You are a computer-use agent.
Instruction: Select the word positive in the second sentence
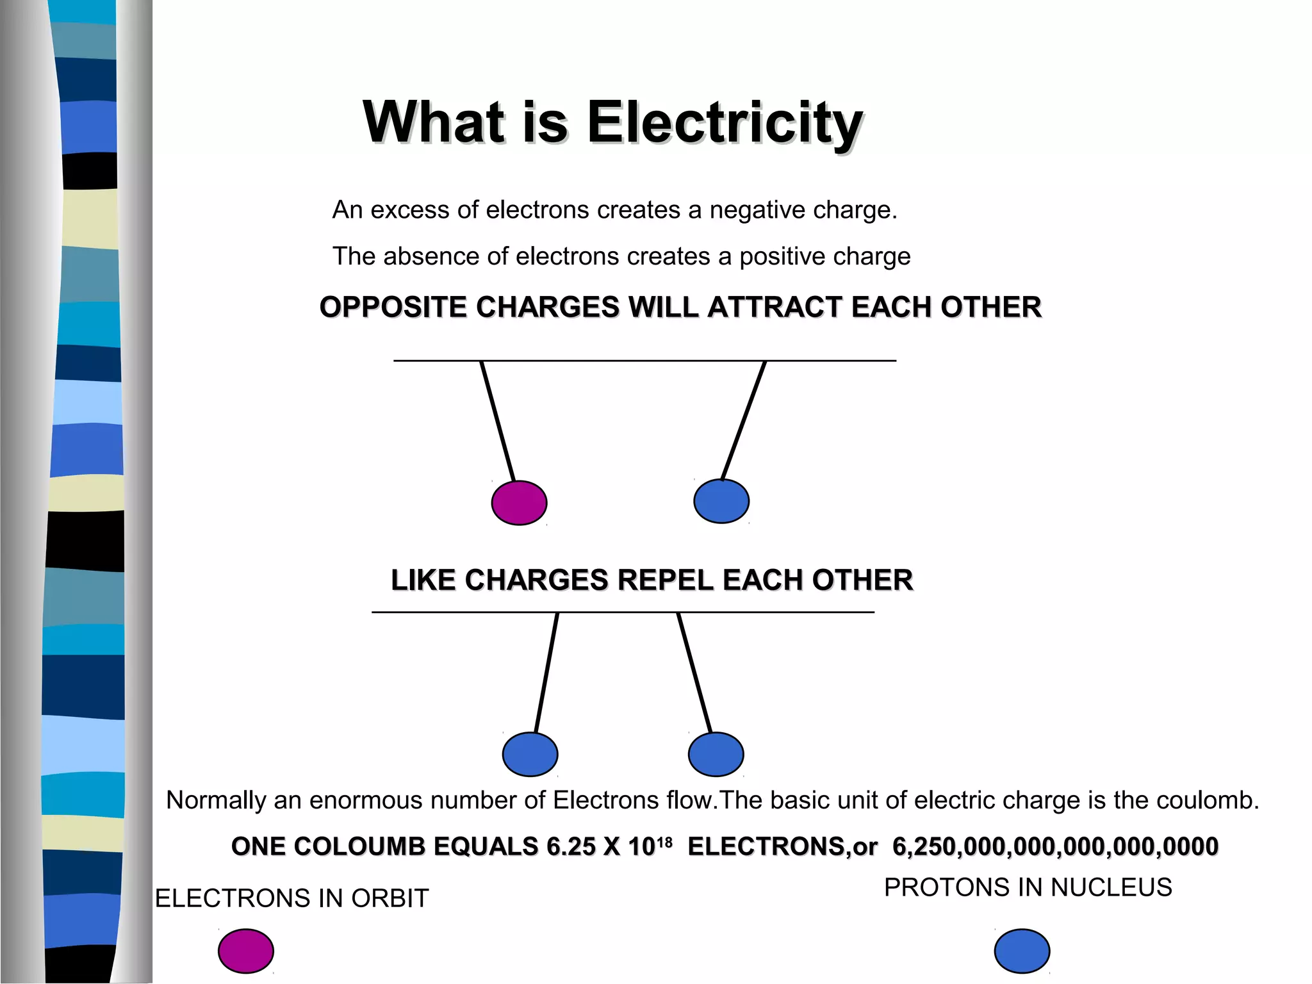776,256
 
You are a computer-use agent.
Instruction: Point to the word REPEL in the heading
666,580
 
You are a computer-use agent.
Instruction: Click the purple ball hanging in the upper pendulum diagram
519,503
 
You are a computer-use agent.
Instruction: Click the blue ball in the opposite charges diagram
721,501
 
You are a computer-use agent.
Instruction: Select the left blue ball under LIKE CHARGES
530,754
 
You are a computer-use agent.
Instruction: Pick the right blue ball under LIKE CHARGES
716,754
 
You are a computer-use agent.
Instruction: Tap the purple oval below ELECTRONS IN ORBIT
246,951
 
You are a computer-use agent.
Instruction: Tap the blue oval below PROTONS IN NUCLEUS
1022,951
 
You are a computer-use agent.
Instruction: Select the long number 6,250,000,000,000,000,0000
1055,847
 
